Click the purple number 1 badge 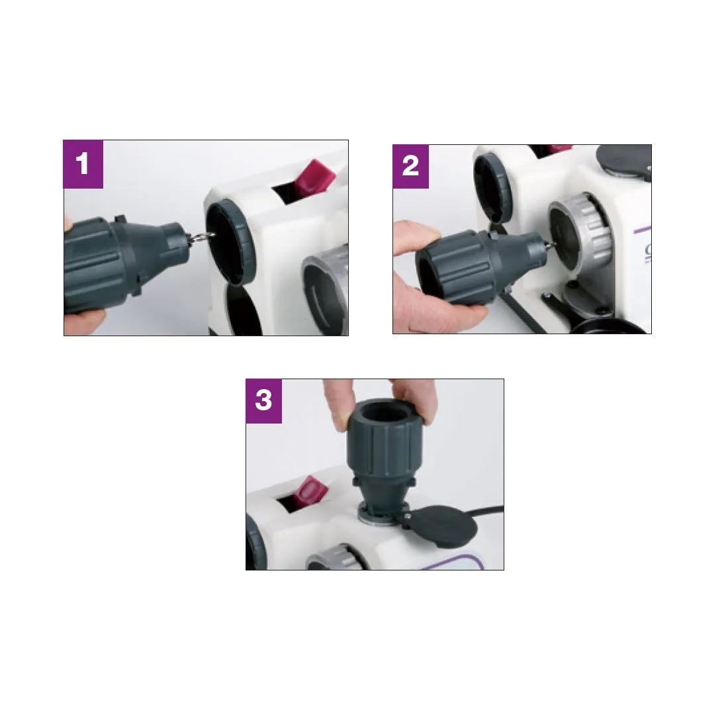[83, 164]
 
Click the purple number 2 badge [410, 166]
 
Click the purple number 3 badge [263, 401]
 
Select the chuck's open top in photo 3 [384, 412]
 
